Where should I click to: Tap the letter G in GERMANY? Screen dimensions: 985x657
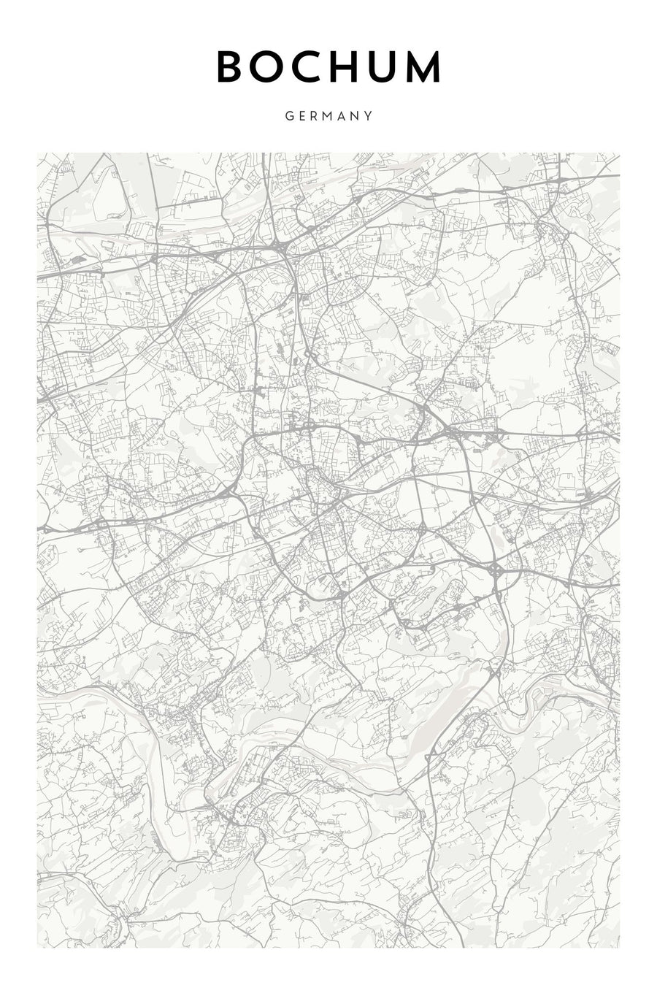[290, 115]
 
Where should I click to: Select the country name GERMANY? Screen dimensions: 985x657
[329, 115]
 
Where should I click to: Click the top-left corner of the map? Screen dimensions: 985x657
[38, 153]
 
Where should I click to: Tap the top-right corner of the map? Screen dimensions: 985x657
[619, 153]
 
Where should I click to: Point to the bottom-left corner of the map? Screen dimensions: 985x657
[38, 948]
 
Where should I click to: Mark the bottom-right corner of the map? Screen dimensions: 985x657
[619, 948]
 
